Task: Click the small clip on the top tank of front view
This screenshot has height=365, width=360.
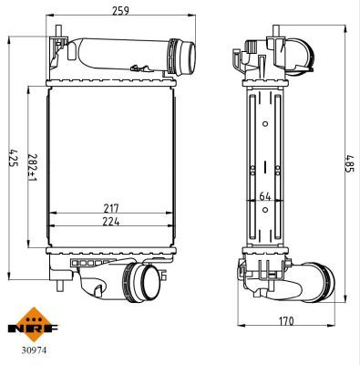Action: tap(138, 67)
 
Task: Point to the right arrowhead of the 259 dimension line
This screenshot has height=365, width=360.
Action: tap(195, 16)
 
